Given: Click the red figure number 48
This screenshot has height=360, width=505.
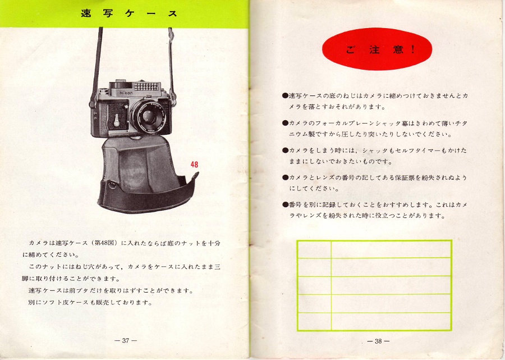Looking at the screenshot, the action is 194,165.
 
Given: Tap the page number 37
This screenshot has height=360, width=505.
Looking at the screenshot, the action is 125,340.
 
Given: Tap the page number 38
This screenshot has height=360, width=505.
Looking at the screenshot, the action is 378,341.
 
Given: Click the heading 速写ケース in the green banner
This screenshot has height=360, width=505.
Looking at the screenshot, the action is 129,13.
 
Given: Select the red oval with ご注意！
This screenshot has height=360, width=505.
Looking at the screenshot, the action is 377,49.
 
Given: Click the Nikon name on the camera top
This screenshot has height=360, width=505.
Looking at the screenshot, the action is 126,93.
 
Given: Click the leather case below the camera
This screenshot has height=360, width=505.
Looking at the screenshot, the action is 146,176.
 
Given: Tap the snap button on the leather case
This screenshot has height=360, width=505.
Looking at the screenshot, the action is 112,185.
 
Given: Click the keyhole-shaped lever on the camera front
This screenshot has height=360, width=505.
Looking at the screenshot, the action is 117,120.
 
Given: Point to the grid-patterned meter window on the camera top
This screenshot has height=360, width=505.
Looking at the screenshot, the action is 147,86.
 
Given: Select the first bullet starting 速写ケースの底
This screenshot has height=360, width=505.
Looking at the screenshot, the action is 285,95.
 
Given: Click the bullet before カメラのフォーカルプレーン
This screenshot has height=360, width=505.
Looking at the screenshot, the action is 285,123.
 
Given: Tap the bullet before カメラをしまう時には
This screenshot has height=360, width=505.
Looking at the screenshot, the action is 285,150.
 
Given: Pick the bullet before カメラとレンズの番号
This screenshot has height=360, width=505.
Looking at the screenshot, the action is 285,177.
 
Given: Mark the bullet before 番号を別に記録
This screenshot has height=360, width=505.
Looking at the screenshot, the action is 285,204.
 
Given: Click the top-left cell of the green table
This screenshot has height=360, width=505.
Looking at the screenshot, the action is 314,249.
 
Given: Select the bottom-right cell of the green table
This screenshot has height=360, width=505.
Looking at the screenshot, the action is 391,321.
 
